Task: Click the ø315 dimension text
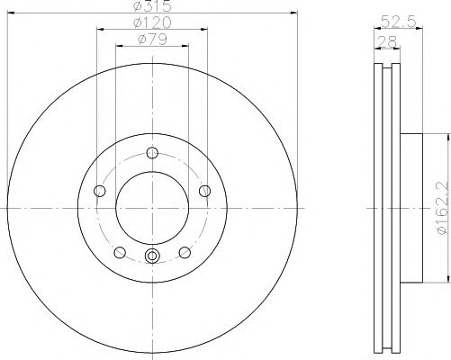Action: click(150, 6)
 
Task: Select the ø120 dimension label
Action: click(150, 22)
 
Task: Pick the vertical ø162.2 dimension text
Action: click(440, 207)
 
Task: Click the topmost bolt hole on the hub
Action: click(151, 151)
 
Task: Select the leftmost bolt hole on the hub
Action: click(98, 190)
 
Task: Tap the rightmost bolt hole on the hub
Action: click(204, 190)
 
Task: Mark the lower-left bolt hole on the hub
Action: click(119, 251)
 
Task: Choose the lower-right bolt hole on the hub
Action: click(184, 251)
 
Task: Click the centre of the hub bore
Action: click(151, 207)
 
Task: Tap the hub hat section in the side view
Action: click(410, 207)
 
